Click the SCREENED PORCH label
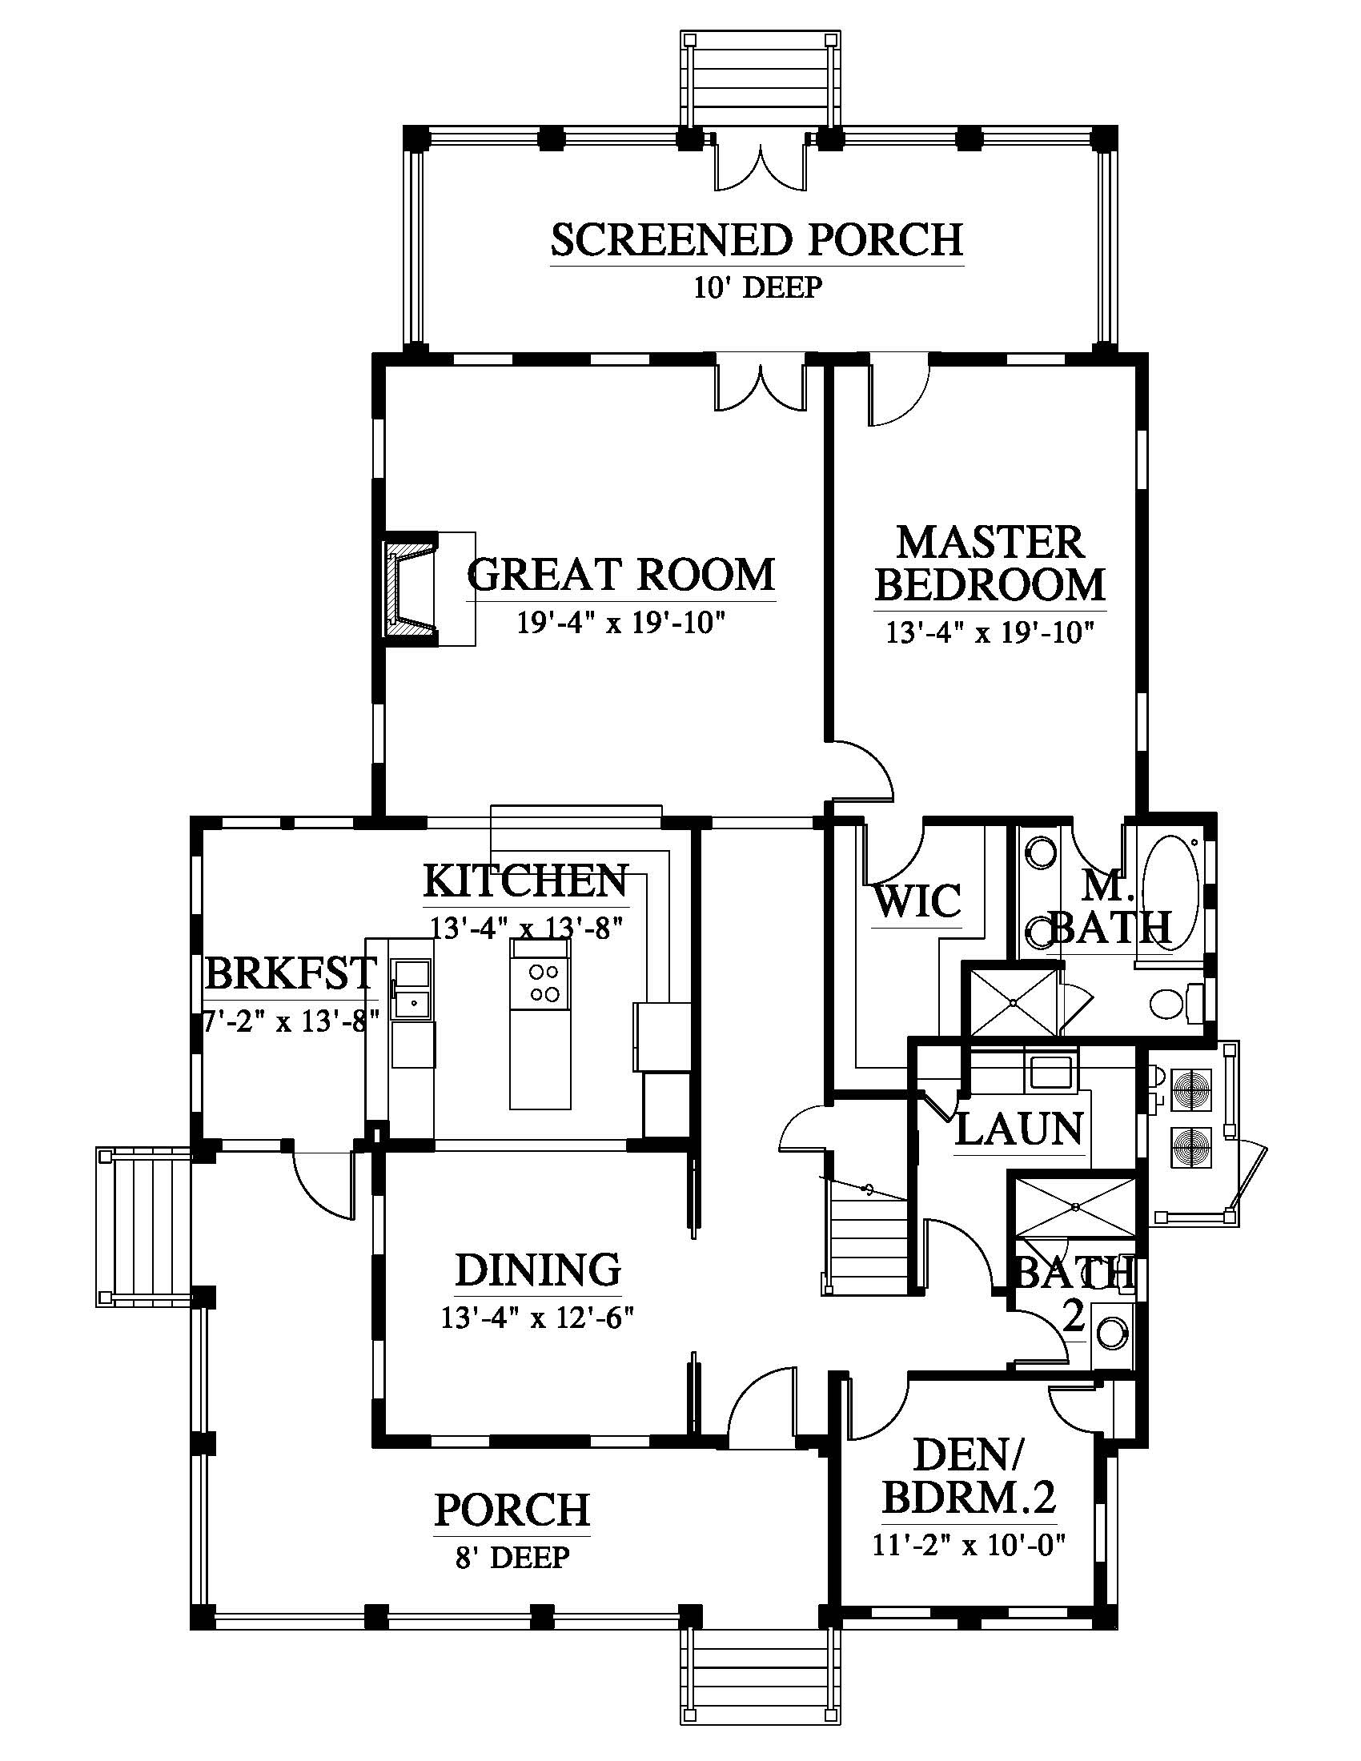tap(757, 239)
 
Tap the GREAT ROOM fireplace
tap(410, 588)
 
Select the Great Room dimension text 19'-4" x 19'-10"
tap(620, 624)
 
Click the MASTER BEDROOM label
tap(990, 564)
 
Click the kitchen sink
tap(412, 990)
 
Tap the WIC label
tap(917, 901)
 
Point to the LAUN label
tap(1019, 1129)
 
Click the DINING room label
tap(539, 1270)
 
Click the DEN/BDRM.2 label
tap(970, 1477)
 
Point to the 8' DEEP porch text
tap(513, 1557)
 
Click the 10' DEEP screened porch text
tap(757, 287)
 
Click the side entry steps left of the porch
tap(143, 1226)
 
